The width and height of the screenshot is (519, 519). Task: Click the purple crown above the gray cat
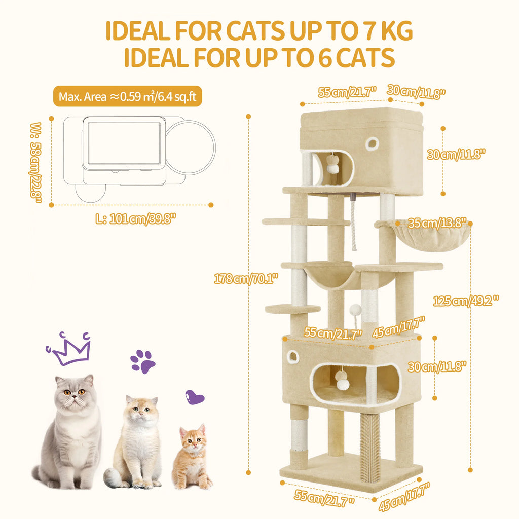click(x=69, y=349)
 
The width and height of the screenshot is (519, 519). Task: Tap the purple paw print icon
click(x=142, y=361)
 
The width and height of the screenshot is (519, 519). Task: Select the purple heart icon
click(x=194, y=397)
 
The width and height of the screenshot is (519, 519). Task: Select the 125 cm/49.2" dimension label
click(x=465, y=301)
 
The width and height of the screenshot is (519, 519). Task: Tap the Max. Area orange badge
click(x=127, y=96)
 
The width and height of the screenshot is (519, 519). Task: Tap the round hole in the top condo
click(x=372, y=143)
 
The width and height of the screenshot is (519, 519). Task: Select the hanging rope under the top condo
click(x=353, y=225)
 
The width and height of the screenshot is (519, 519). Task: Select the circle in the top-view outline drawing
click(x=191, y=146)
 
